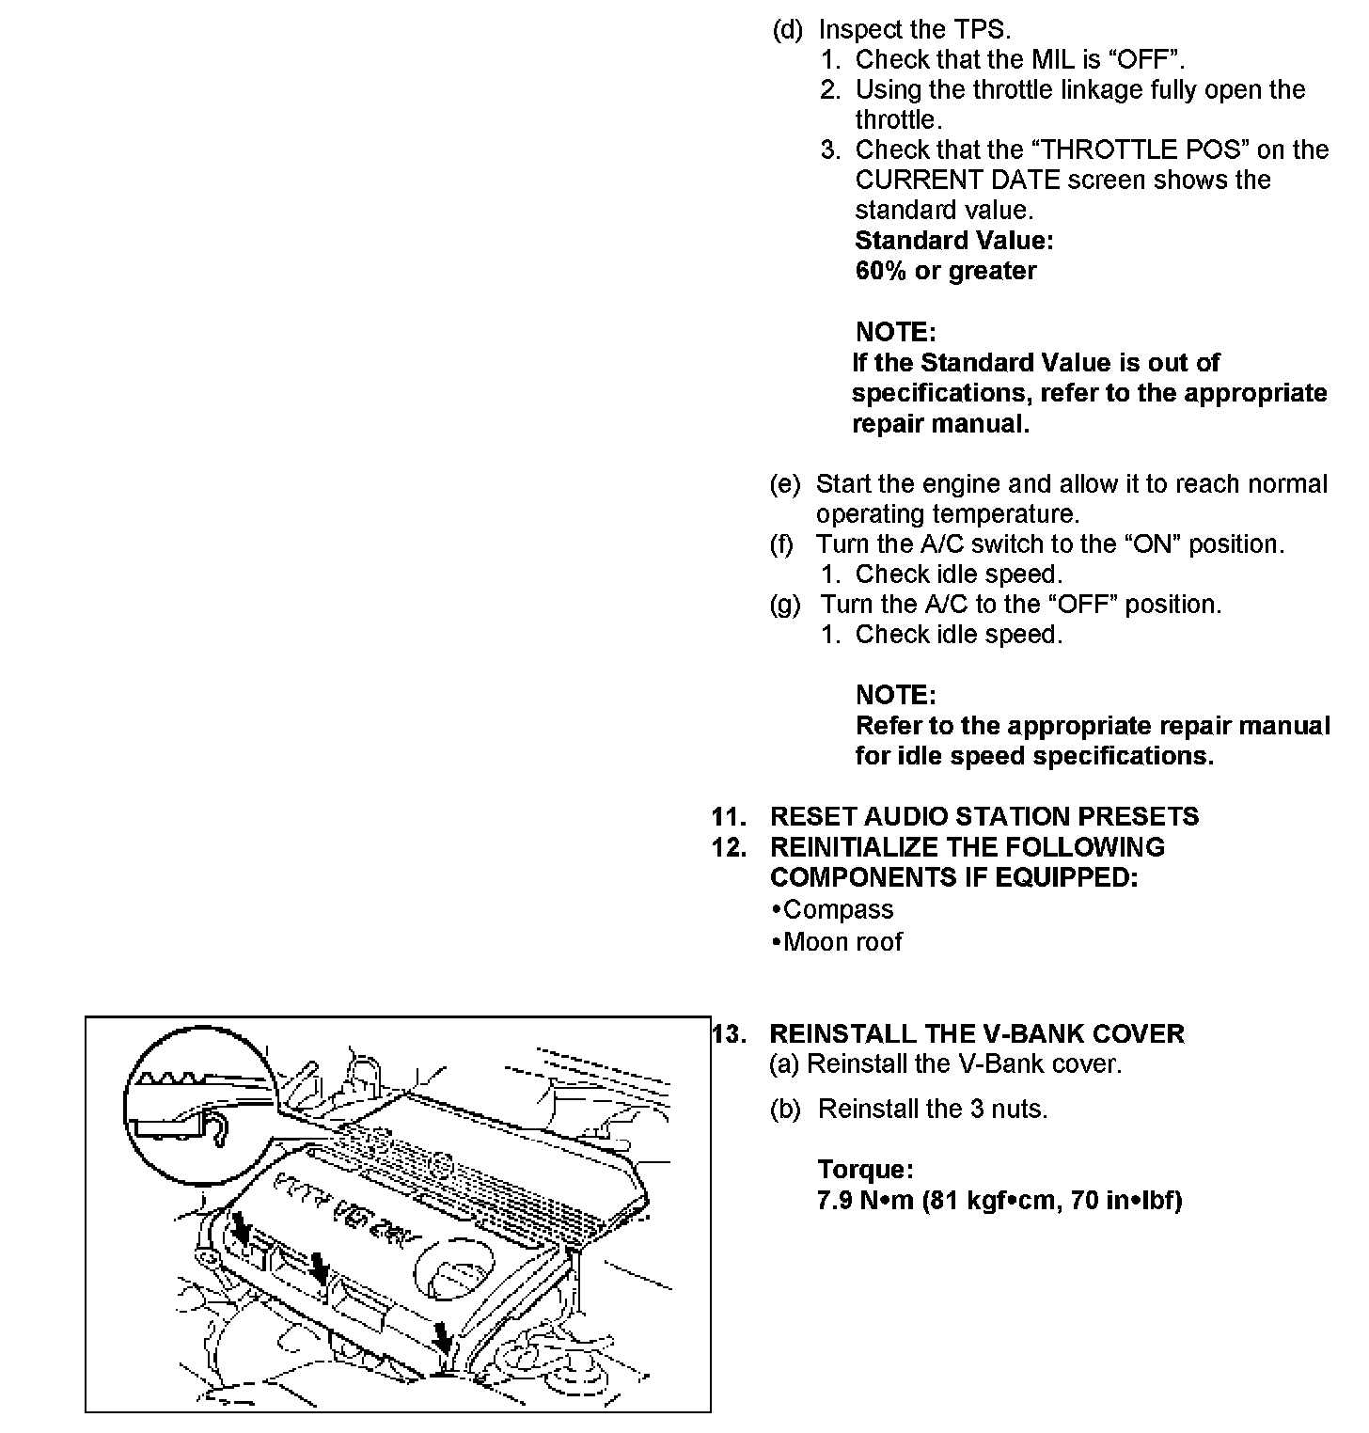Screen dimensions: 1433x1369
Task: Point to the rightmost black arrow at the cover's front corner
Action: (x=440, y=1336)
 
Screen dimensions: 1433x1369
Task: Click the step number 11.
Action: (x=727, y=816)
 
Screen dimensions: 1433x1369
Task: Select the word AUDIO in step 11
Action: (x=901, y=816)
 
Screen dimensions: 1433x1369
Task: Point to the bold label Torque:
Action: (x=865, y=1170)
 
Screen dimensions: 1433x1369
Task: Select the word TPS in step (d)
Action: (x=982, y=29)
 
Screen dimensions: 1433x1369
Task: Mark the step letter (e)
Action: (x=784, y=484)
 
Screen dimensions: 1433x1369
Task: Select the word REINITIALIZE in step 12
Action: (x=856, y=846)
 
